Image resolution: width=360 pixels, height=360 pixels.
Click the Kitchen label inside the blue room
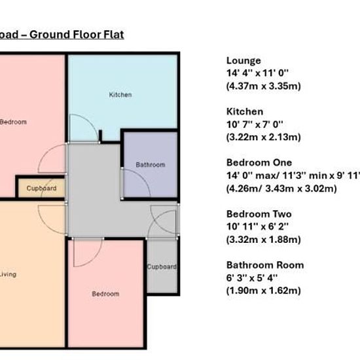click(x=120, y=95)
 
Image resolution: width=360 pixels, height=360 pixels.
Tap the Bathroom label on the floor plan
click(x=151, y=164)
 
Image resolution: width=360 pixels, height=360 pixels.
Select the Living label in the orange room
click(x=8, y=274)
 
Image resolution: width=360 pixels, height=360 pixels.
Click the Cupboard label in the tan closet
click(x=41, y=189)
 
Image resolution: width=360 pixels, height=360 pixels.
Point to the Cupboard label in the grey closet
click(x=162, y=267)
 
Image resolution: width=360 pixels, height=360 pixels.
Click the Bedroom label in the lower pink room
click(x=105, y=294)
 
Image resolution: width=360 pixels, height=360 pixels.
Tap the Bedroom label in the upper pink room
click(x=13, y=122)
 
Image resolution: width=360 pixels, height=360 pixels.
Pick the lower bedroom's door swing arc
click(x=95, y=259)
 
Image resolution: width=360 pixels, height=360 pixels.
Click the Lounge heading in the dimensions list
click(x=243, y=61)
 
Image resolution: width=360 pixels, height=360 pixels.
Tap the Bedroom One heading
click(x=259, y=162)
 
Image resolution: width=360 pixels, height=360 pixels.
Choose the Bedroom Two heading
click(x=259, y=214)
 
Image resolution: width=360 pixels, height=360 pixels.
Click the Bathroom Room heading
click(x=265, y=265)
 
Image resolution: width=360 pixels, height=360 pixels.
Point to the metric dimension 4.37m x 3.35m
click(x=264, y=86)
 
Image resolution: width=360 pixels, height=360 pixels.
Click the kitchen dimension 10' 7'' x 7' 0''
click(x=255, y=124)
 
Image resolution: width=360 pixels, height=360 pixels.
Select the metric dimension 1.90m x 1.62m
click(x=264, y=291)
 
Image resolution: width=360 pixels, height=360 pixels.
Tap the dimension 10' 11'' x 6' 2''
click(x=257, y=226)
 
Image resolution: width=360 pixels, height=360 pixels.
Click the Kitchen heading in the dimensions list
click(x=245, y=111)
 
